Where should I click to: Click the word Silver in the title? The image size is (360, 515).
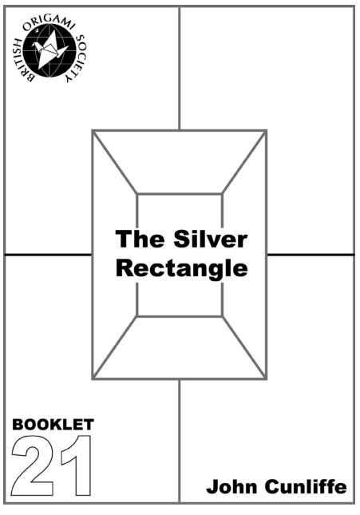[x=210, y=239]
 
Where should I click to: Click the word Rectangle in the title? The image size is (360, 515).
[x=182, y=268]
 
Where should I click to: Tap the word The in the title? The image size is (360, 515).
[x=140, y=239]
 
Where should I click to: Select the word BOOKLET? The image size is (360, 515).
[x=53, y=424]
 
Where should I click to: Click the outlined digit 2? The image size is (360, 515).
[x=33, y=466]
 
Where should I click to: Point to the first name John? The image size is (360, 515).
[x=232, y=486]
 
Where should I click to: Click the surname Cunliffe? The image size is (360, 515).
[x=306, y=486]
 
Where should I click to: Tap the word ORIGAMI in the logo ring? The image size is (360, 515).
[x=49, y=22]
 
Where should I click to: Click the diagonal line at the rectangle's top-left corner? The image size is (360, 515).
[x=115, y=163]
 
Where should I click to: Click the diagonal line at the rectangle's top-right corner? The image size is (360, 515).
[x=244, y=163]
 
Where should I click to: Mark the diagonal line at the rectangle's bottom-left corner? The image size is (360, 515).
[x=115, y=347]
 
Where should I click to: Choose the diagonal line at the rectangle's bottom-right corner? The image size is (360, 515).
[x=244, y=347]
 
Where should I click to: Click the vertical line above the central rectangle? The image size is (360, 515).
[x=180, y=69]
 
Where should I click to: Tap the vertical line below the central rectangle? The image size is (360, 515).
[x=180, y=441]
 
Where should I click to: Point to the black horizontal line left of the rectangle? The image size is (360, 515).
[x=48, y=254]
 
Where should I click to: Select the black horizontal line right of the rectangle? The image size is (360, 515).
[x=311, y=255]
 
